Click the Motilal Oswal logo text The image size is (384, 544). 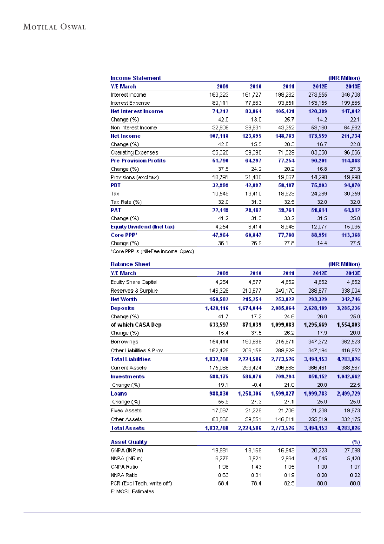coord(55,27)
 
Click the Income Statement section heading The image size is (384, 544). coord(136,78)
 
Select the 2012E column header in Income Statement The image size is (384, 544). coord(319,87)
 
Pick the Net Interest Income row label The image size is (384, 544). coord(137,111)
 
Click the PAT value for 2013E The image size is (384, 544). coord(351,210)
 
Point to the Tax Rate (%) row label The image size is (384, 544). coord(126,202)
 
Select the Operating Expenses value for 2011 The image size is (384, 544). coord(285,153)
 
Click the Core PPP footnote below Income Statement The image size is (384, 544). coord(152,251)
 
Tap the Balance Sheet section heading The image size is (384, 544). coord(130,264)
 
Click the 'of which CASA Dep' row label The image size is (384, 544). coord(136,325)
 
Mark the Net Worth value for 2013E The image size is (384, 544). coord(351,300)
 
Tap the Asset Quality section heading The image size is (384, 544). coord(129,442)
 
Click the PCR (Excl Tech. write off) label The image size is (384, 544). coord(141,484)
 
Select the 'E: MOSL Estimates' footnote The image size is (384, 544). coord(132,491)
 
